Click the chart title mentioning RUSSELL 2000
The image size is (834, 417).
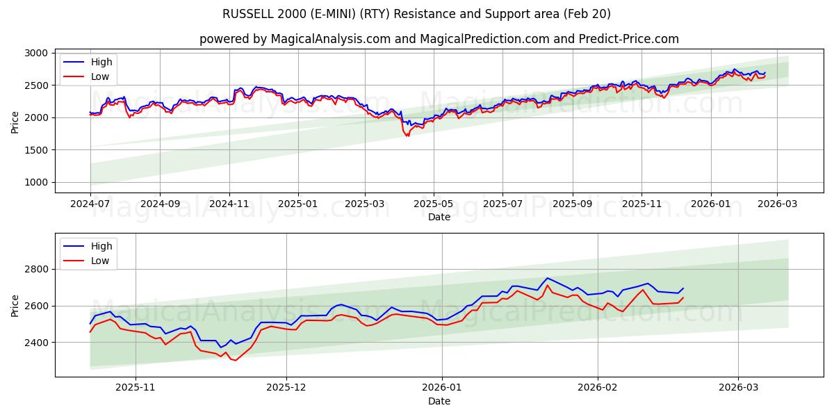[417, 14]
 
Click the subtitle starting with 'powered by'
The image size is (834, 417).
[439, 39]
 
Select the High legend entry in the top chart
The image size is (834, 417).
[101, 62]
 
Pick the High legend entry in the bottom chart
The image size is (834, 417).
[101, 246]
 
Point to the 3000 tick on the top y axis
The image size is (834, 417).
[36, 53]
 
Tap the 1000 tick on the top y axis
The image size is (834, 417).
[36, 183]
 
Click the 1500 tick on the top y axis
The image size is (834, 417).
[36, 150]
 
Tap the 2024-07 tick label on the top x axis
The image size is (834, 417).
[90, 204]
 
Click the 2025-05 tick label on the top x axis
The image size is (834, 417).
[434, 204]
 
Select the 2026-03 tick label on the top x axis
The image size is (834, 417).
[776, 204]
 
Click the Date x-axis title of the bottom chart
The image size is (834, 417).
[439, 401]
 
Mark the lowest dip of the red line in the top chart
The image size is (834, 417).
[407, 136]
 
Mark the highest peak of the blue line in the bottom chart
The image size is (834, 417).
[547, 278]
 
